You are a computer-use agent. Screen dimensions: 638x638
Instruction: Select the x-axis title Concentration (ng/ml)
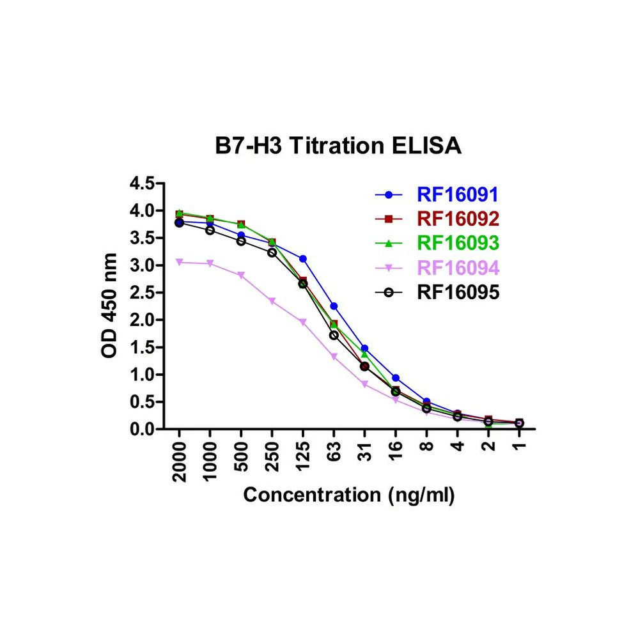point(349,495)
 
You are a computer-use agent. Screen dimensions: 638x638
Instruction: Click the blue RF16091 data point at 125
point(303,259)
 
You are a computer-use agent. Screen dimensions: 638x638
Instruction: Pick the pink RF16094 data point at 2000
point(180,262)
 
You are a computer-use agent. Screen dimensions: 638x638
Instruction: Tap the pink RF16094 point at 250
point(272,301)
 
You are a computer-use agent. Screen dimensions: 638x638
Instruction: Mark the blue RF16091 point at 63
point(334,306)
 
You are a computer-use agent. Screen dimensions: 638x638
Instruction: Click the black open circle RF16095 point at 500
point(241,241)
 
